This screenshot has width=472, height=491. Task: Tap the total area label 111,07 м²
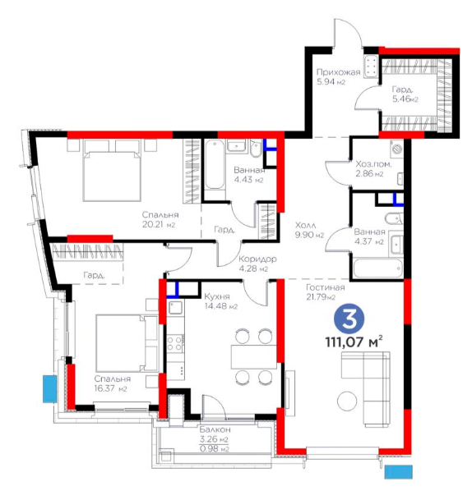(x=354, y=342)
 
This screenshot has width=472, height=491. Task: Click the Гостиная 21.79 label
(x=326, y=291)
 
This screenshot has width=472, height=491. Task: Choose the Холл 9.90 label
(x=309, y=230)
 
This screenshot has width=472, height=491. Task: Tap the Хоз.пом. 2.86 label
(x=373, y=169)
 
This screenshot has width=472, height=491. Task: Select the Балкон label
(x=215, y=429)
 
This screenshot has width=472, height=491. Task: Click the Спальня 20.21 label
(x=160, y=219)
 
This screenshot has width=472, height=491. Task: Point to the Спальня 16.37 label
(x=113, y=383)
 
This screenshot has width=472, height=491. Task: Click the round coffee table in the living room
(x=347, y=401)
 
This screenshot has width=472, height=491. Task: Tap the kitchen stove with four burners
(x=175, y=343)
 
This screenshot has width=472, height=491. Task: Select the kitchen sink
(x=175, y=308)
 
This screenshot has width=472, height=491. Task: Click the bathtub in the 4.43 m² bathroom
(x=215, y=165)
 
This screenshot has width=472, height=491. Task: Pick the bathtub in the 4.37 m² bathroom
(x=377, y=268)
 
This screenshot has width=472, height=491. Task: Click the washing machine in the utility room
(x=397, y=149)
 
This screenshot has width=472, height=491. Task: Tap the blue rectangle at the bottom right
(x=398, y=471)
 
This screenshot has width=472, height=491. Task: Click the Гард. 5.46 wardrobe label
(x=405, y=94)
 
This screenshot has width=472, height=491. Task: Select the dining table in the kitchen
(x=254, y=356)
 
